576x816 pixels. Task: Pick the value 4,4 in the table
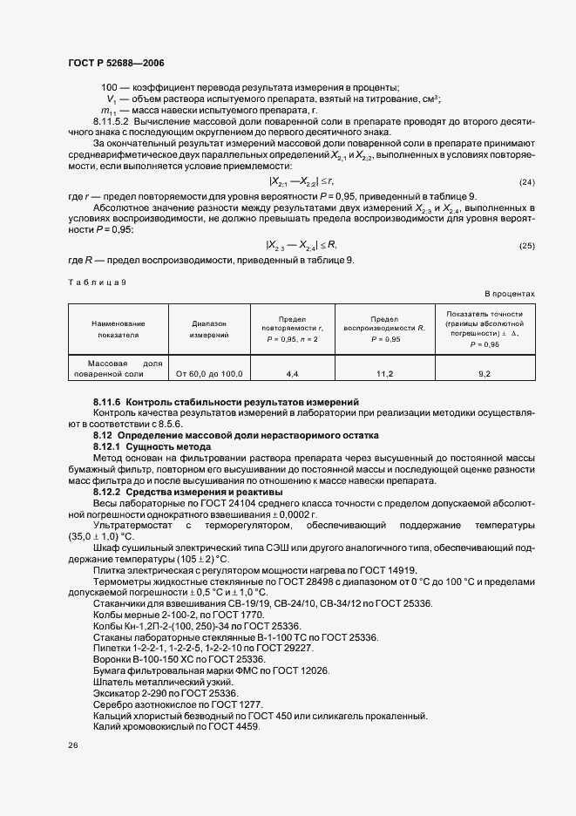(x=292, y=373)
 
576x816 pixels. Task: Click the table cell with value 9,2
(x=485, y=373)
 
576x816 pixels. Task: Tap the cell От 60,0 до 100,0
(x=209, y=373)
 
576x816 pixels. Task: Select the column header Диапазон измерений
(x=209, y=328)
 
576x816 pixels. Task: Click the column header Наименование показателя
(x=118, y=328)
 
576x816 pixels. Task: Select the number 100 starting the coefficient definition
(x=110, y=87)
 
